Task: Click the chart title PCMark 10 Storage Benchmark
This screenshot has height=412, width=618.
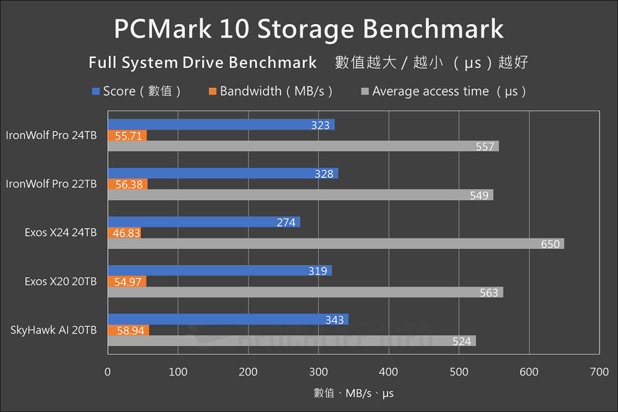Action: click(x=308, y=29)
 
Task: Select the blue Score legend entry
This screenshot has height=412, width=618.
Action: click(x=137, y=91)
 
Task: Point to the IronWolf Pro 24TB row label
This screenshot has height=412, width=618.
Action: click(x=51, y=135)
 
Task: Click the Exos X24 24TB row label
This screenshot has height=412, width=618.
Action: click(x=61, y=233)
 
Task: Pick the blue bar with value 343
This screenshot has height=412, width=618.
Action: click(x=228, y=319)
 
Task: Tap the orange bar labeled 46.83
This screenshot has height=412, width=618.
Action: click(x=124, y=233)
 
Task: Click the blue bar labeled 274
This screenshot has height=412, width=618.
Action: click(x=204, y=222)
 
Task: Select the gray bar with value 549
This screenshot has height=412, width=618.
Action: click(x=300, y=195)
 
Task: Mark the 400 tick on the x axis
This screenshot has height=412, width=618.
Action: click(x=389, y=372)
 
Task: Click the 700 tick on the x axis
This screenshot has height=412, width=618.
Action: click(x=599, y=372)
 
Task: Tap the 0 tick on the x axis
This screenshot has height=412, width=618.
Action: click(x=108, y=372)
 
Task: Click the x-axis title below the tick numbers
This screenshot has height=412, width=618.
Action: click(x=353, y=393)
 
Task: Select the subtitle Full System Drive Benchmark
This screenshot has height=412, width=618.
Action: click(x=203, y=63)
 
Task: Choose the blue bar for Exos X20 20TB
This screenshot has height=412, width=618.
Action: click(x=220, y=271)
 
